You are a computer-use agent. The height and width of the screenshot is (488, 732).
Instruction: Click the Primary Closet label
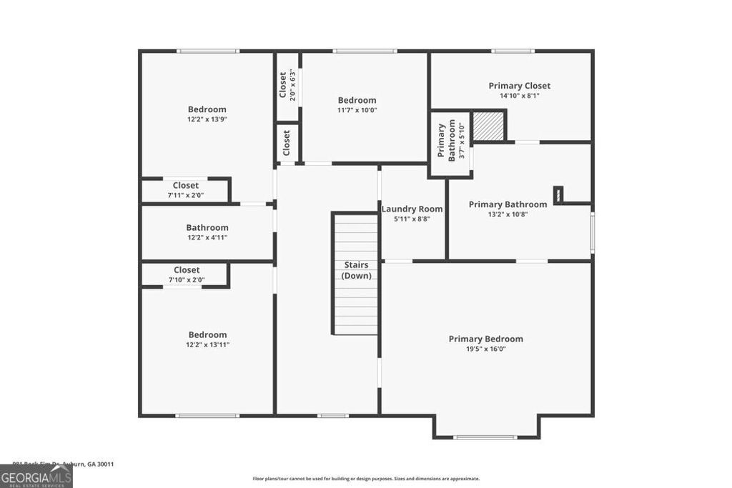pyautogui.click(x=519, y=86)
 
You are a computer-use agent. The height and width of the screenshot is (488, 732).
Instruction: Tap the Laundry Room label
pyautogui.click(x=412, y=209)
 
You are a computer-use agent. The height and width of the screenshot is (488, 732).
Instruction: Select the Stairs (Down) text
pyautogui.click(x=356, y=270)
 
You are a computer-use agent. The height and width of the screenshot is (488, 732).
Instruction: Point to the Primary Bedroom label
pyautogui.click(x=485, y=339)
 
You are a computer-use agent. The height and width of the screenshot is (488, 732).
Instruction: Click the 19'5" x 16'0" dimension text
pyautogui.click(x=485, y=349)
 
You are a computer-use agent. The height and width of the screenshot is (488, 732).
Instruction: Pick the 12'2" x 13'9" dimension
pyautogui.click(x=207, y=119)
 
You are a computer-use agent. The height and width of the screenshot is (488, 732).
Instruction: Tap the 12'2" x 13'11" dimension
pyautogui.click(x=208, y=344)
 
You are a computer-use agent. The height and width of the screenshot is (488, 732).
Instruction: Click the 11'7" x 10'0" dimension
pyautogui.click(x=357, y=110)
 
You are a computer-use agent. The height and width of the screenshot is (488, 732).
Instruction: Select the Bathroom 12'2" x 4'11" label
pyautogui.click(x=207, y=228)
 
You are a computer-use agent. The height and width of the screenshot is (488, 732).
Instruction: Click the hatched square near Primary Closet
pyautogui.click(x=490, y=126)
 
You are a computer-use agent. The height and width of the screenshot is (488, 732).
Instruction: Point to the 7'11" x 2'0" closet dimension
pyautogui.click(x=186, y=195)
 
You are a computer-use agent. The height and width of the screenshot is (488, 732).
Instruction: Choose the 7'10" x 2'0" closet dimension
pyautogui.click(x=187, y=280)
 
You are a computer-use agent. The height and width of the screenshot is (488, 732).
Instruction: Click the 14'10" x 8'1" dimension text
pyautogui.click(x=519, y=96)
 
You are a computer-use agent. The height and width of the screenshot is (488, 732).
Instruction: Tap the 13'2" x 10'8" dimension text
pyautogui.click(x=508, y=214)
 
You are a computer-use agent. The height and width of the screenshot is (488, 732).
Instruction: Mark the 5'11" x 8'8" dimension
pyautogui.click(x=412, y=219)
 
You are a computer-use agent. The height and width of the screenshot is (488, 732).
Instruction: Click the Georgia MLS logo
pyautogui.click(x=36, y=477)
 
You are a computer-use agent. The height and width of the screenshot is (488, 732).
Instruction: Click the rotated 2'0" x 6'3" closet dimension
pyautogui.click(x=292, y=85)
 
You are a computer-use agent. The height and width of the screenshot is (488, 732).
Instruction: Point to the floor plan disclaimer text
pyautogui.click(x=366, y=479)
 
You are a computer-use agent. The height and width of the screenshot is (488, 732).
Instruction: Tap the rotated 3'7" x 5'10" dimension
pyautogui.click(x=462, y=141)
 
